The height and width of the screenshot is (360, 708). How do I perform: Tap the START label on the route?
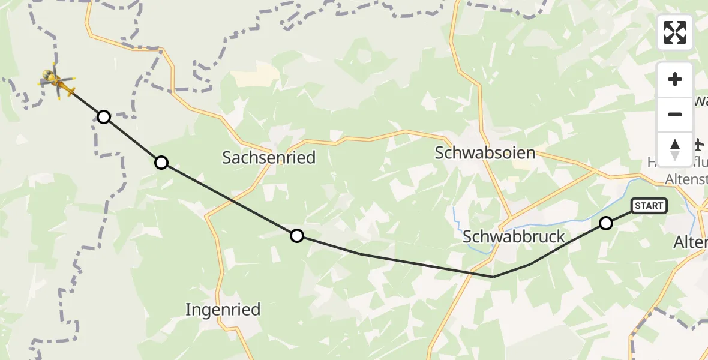tap(649, 206)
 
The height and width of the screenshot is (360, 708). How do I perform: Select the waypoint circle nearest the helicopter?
tap(104, 116)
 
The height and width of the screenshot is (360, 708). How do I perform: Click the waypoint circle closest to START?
tap(606, 223)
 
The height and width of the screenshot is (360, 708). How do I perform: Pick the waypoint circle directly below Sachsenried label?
tap(296, 236)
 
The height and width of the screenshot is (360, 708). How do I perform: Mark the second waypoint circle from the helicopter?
tap(161, 162)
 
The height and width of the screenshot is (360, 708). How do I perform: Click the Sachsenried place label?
tap(269, 158)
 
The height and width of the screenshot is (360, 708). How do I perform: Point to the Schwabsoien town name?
tap(485, 153)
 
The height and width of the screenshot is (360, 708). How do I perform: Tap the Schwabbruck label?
tap(514, 237)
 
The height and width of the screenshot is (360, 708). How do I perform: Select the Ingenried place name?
tap(223, 310)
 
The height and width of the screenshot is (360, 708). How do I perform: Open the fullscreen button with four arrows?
tap(675, 32)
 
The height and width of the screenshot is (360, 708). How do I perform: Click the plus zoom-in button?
tap(675, 80)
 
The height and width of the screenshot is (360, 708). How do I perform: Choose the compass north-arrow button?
tap(675, 149)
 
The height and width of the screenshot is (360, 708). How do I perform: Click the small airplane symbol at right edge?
tap(698, 144)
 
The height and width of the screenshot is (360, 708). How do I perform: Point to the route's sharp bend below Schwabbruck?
tap(493, 277)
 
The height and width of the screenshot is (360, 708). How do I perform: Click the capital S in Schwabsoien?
tap(440, 153)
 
